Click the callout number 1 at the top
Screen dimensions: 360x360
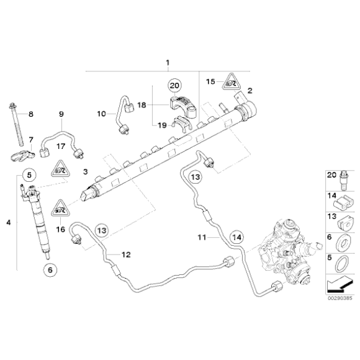[x=168, y=63]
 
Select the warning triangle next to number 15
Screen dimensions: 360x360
[x=232, y=82]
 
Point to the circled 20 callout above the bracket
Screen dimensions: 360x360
[x=174, y=86]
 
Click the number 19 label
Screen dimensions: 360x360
[x=162, y=125]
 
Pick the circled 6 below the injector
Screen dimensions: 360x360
[x=50, y=270]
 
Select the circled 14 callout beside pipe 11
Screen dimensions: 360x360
[x=236, y=237]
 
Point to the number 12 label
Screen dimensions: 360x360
[x=126, y=254]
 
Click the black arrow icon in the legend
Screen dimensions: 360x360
[x=340, y=284]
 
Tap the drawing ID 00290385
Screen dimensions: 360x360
[x=340, y=299]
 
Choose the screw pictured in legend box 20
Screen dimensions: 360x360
[x=344, y=181]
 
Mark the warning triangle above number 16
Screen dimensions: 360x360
[x=60, y=209]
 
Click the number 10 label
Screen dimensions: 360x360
[x=101, y=114]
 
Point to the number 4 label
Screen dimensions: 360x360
[x=9, y=222]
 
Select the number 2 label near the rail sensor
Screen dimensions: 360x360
[x=250, y=91]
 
